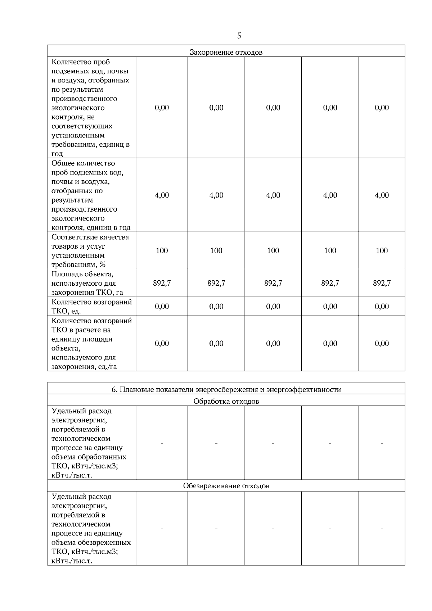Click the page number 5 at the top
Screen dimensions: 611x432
pyautogui.click(x=239, y=36)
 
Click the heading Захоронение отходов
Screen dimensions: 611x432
pyautogui.click(x=226, y=52)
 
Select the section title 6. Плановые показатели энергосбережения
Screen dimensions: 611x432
pyautogui.click(x=226, y=389)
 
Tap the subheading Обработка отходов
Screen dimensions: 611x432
pyautogui.click(x=226, y=401)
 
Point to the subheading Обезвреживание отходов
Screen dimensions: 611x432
pyautogui.click(x=226, y=486)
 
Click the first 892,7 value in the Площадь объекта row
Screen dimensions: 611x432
pyautogui.click(x=162, y=283)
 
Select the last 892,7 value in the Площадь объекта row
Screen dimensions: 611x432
pyautogui.click(x=382, y=283)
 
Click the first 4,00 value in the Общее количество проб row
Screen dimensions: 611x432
pyautogui.click(x=162, y=195)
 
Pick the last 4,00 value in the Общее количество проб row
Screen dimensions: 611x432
pyautogui.click(x=382, y=195)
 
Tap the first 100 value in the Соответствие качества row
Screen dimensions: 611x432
pyautogui.click(x=162, y=250)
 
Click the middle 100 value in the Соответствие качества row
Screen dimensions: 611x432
pyautogui.click(x=273, y=250)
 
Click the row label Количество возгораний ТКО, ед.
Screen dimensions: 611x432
pyautogui.click(x=91, y=306)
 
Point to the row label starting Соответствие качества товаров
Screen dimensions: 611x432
pyautogui.click(x=90, y=250)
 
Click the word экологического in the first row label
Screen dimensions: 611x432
pyautogui.click(x=78, y=108)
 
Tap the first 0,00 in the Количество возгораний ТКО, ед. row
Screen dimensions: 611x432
pyautogui.click(x=162, y=306)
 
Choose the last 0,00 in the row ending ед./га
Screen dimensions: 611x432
pyautogui.click(x=382, y=343)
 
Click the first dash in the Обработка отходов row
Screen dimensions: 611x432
pyautogui.click(x=162, y=443)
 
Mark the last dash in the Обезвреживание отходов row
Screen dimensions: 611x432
pyautogui.click(x=382, y=529)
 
